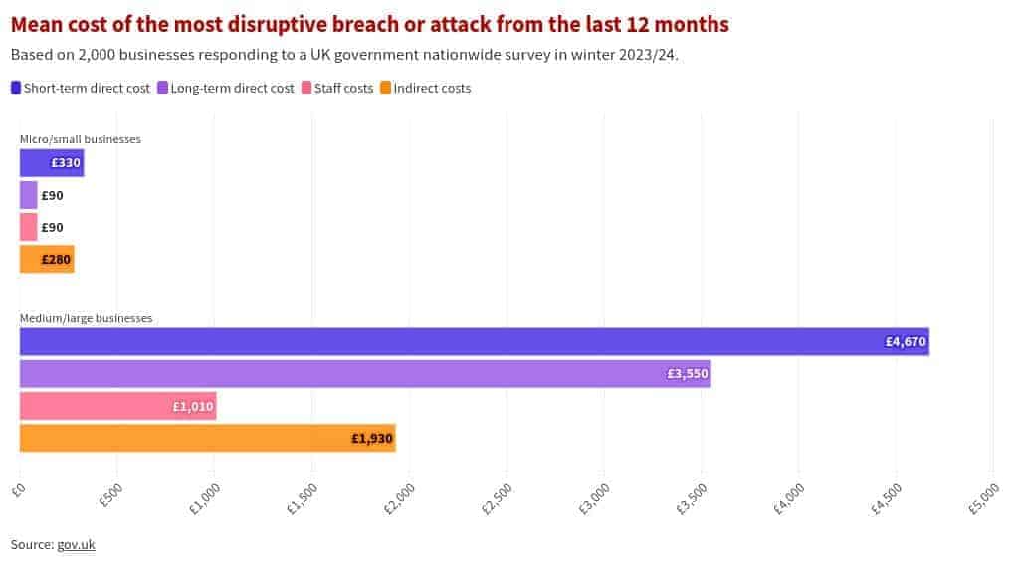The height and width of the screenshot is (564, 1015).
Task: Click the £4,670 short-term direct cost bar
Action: point(474,341)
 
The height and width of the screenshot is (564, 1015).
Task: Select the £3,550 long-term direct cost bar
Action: point(364,373)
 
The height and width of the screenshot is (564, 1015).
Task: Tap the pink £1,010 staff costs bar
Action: point(117,406)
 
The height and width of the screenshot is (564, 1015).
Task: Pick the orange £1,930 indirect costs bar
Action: point(207,438)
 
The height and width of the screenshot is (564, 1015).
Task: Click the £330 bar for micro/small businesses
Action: point(51,163)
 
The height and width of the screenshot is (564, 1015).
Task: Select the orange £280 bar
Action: point(47,260)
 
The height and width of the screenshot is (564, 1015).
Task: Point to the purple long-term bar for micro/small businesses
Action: point(28,195)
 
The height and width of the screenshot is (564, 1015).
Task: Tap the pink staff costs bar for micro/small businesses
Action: point(28,227)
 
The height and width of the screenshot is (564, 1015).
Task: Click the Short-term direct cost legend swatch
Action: point(16,88)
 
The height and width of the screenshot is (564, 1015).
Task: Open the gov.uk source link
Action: point(76,544)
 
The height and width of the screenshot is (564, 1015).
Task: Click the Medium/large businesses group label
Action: point(86,318)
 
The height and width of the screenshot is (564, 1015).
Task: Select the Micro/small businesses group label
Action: point(81,139)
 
